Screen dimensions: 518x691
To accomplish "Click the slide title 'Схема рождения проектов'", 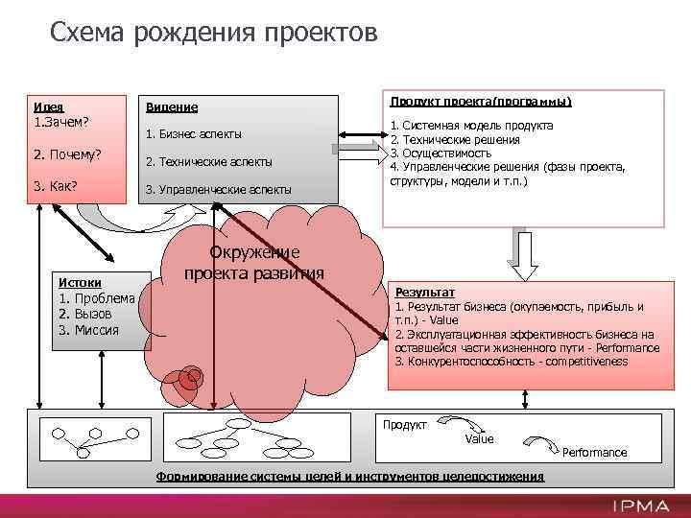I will pos(214,34).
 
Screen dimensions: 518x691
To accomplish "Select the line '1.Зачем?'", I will pos(61,122).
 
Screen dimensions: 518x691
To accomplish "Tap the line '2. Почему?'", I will pos(67,154).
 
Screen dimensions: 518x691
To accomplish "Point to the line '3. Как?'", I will pos(56,185).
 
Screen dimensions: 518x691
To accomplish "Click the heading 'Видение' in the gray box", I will pos(171,107).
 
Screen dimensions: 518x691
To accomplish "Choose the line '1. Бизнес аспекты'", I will pos(193,133).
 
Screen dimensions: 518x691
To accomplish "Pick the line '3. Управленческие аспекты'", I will pos(218,189).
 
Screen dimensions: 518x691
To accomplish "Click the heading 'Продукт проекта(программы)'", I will pos(480,101).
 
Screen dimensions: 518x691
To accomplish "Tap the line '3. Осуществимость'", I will pos(441,153).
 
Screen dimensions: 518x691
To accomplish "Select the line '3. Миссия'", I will pos(89,330).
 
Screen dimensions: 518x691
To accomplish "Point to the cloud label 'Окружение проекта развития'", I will pos(254,262).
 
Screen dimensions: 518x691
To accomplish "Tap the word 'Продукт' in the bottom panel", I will pos(405,424).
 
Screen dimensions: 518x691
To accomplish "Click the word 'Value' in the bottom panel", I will pos(479,438).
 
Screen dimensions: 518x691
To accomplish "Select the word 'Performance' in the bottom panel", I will pos(594,452).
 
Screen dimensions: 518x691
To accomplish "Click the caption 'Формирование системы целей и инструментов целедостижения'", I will pos(349,477).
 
